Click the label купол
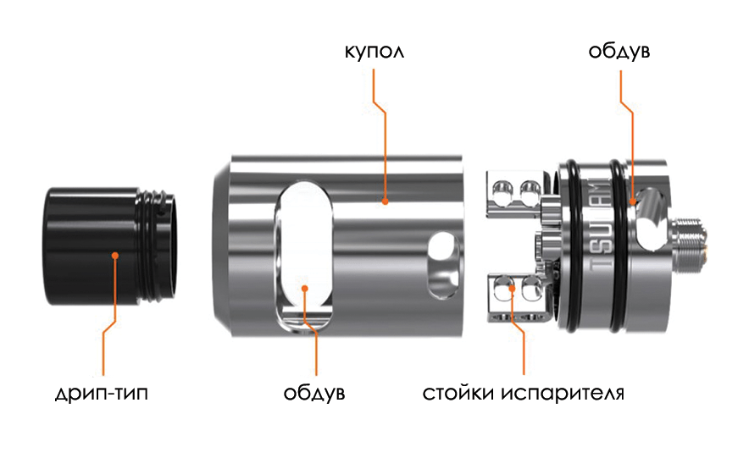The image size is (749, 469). click(x=374, y=52)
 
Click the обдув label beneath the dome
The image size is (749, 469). click(x=314, y=394)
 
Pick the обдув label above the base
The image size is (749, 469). click(x=619, y=52)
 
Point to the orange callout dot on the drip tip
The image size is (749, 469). click(x=115, y=254)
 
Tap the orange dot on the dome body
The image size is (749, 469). click(x=384, y=201)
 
